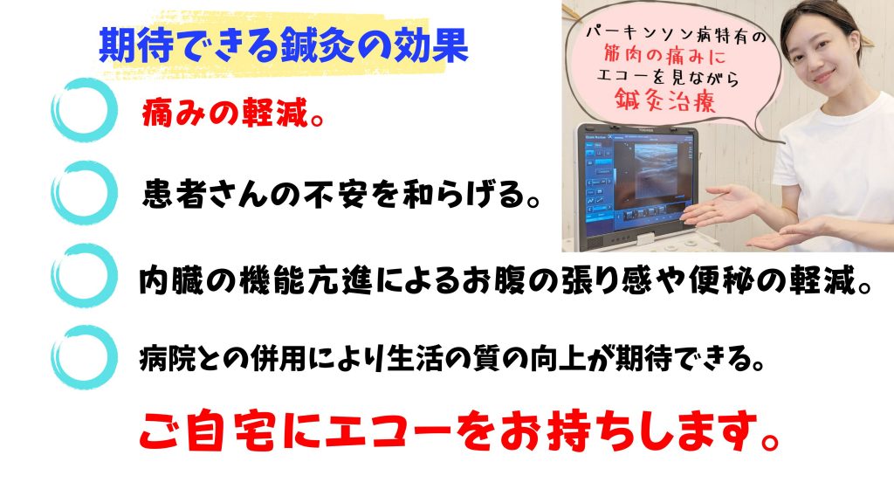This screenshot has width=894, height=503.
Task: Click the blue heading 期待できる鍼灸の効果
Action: (284, 45)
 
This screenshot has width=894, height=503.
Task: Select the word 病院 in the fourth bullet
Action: (168, 359)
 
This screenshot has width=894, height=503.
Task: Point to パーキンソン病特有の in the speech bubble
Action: (677, 35)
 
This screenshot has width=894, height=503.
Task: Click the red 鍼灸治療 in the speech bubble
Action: (664, 100)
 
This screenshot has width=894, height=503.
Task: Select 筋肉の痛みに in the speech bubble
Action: (665, 56)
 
